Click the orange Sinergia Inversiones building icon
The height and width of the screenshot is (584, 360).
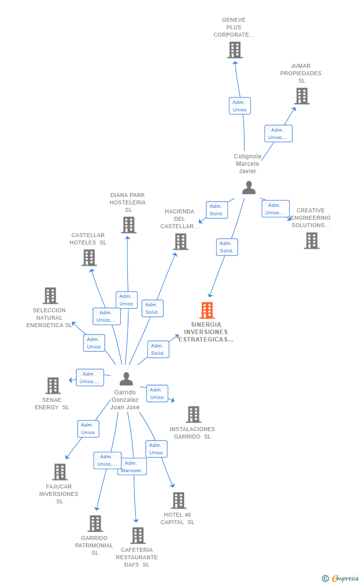pos(207,310)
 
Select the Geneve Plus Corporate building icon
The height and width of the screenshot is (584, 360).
pos(235,50)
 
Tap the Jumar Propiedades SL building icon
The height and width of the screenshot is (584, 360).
pos(302,96)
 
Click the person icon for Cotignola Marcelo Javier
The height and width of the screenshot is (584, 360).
pos(249,188)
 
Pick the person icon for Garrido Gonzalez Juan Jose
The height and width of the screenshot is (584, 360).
pos(126,379)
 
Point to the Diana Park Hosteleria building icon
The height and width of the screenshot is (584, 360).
pos(129,225)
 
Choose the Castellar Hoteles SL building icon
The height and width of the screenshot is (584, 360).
pos(89,257)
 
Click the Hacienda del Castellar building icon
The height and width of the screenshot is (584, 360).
pos(180,242)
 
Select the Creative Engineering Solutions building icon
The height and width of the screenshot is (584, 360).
pos(312,241)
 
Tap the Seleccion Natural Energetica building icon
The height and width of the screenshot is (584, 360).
pos(50,296)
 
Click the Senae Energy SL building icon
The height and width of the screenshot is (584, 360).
pos(53,386)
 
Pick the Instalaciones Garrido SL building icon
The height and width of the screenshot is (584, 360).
pos(193,414)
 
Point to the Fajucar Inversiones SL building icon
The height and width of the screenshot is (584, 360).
pos(60,472)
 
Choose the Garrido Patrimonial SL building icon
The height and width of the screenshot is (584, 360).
pos(95,523)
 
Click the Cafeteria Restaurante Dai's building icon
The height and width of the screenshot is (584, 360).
pos(138,535)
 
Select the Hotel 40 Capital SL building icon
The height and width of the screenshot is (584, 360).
pos(179,500)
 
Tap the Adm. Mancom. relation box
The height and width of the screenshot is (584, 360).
pos(132,467)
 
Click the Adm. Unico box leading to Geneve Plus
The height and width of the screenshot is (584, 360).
pos(240,106)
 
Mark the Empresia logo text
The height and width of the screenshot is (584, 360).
pos(345,578)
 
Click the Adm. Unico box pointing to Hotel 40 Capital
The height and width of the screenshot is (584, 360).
pos(156,449)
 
